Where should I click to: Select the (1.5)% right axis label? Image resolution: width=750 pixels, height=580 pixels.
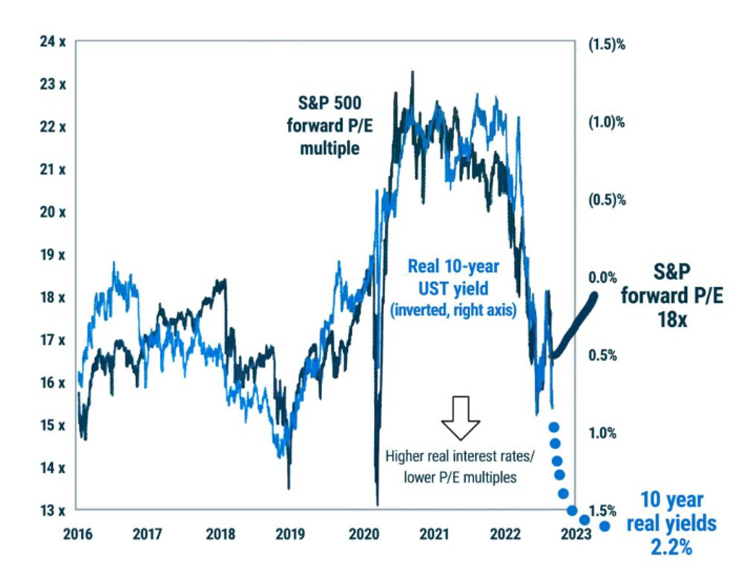[606, 44]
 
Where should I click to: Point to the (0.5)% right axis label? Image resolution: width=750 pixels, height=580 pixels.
[606, 199]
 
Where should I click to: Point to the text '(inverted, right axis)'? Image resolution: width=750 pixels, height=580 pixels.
[453, 311]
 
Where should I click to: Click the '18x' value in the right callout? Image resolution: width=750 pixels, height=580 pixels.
[671, 320]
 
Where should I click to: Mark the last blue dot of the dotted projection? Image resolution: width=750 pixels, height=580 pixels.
[605, 526]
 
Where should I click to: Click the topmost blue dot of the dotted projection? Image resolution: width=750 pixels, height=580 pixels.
[554, 427]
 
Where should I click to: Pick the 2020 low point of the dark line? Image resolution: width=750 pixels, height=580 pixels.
[376, 504]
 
